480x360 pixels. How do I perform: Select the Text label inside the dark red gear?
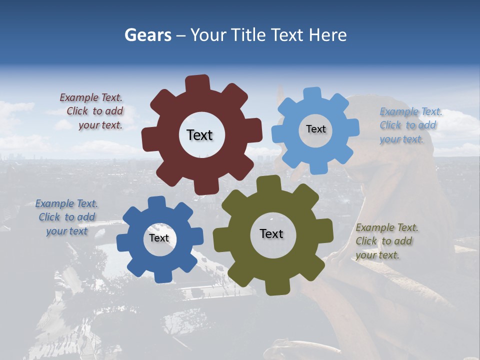pyautogui.click(x=199, y=135)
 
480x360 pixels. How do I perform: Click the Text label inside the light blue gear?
pyautogui.click(x=315, y=129)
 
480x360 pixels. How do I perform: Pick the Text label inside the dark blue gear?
pyautogui.click(x=159, y=238)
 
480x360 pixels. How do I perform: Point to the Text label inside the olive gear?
pyautogui.click(x=271, y=233)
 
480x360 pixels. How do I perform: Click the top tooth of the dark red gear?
pyautogui.click(x=197, y=83)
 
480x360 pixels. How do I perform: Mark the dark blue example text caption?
pyautogui.click(x=67, y=217)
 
